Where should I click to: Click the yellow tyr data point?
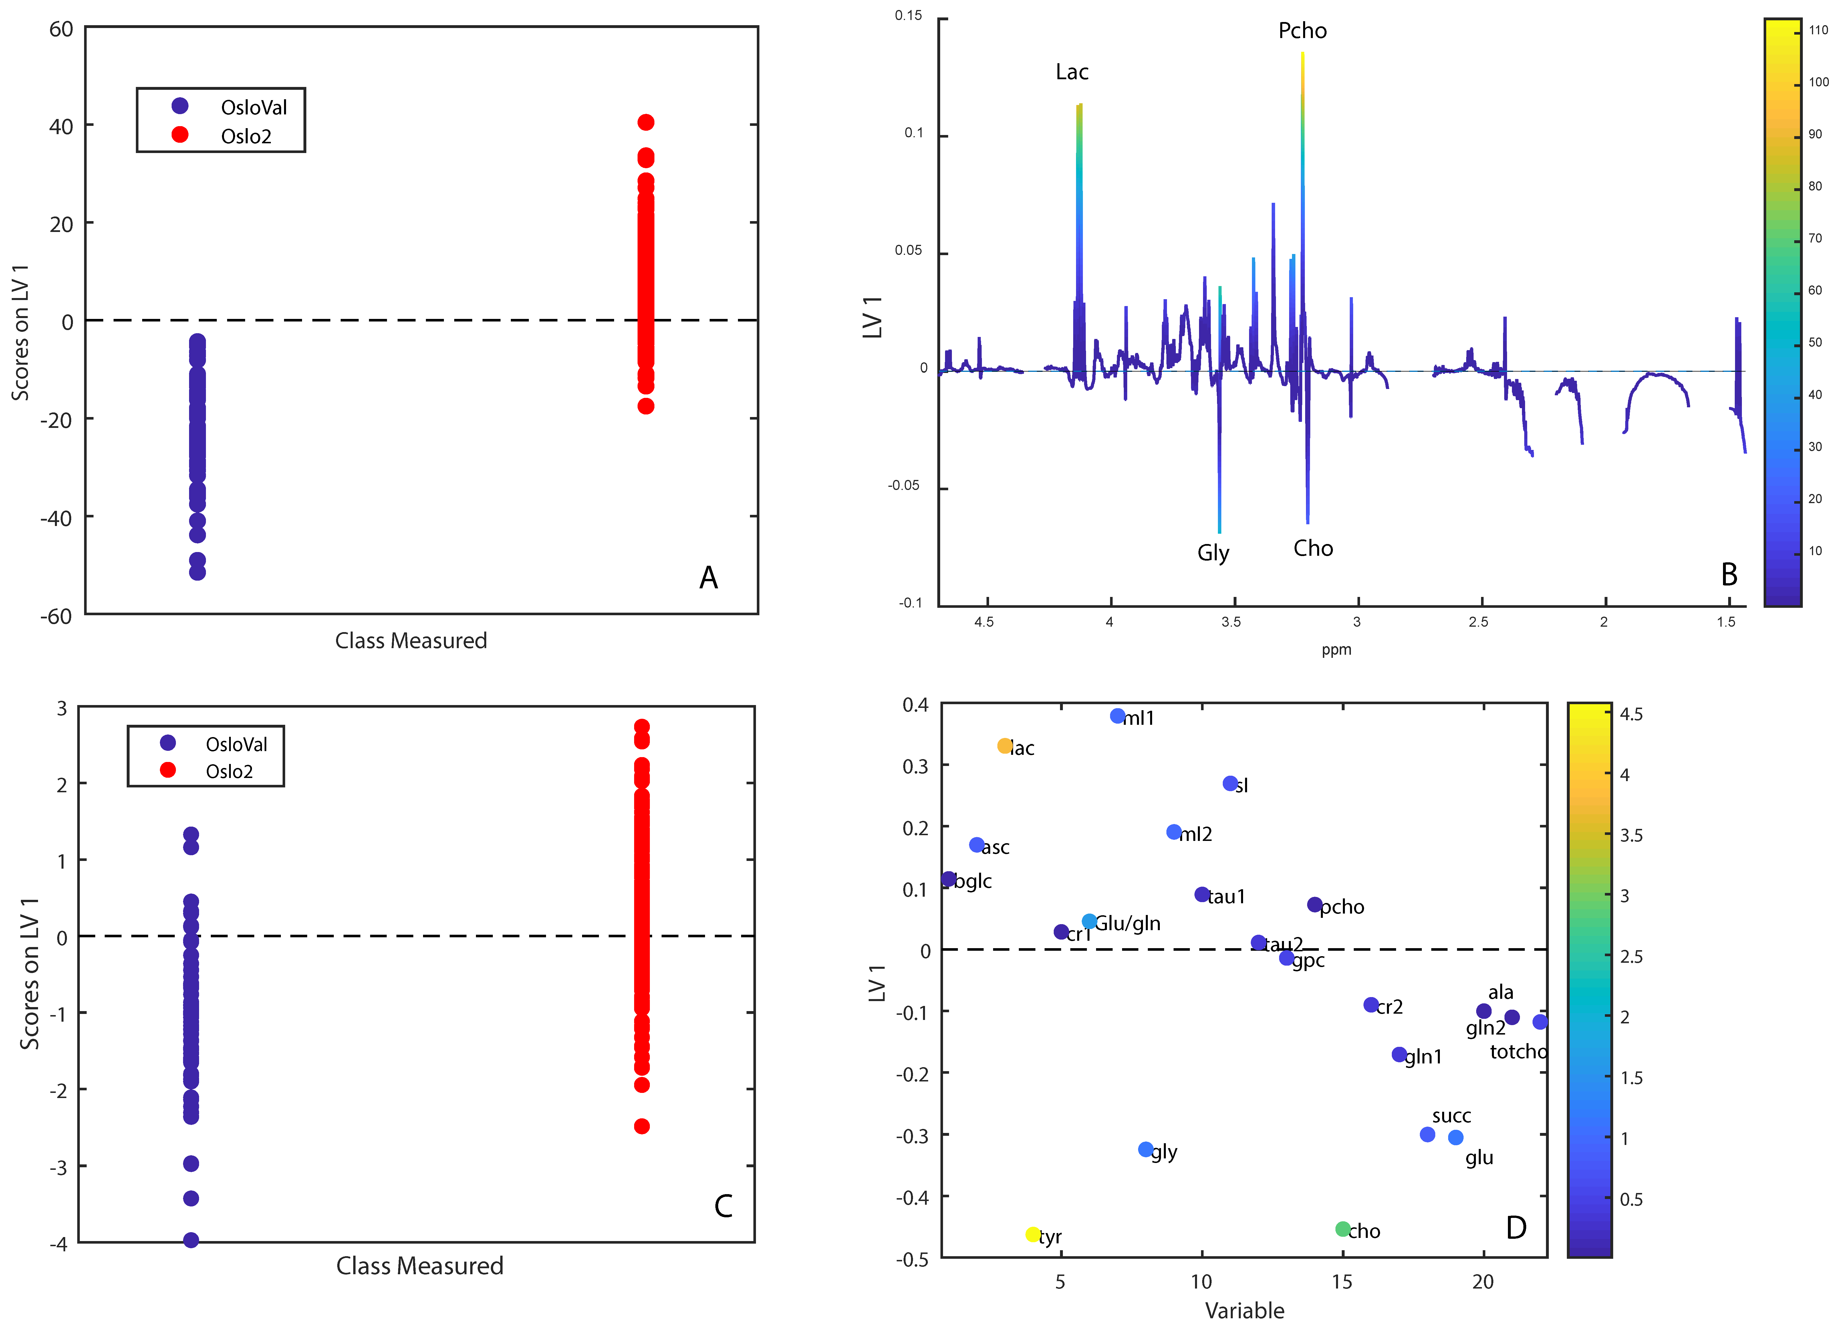point(1033,1234)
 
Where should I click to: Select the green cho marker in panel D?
point(1342,1229)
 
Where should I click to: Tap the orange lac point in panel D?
point(1005,746)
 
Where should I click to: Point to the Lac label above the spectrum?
point(1072,72)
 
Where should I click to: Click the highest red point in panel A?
point(646,122)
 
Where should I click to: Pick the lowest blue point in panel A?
point(197,573)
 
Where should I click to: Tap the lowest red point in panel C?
point(642,1126)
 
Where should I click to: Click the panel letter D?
point(1516,1227)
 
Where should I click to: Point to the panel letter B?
point(1728,575)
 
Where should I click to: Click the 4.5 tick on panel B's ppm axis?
point(984,622)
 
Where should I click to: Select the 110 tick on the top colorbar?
point(1818,30)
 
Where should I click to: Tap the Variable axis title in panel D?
point(1244,1310)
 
